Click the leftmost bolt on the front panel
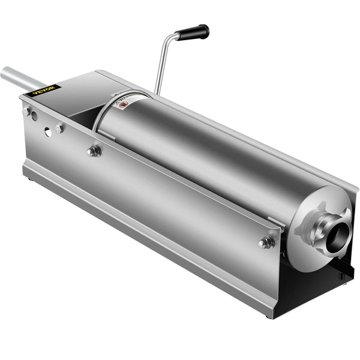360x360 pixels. pos(27,112)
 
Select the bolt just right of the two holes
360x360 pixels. pos(60,128)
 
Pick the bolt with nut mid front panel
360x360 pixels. pos(94,151)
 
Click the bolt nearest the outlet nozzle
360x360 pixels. pos(266,242)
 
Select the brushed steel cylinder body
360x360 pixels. pos(204,156)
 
